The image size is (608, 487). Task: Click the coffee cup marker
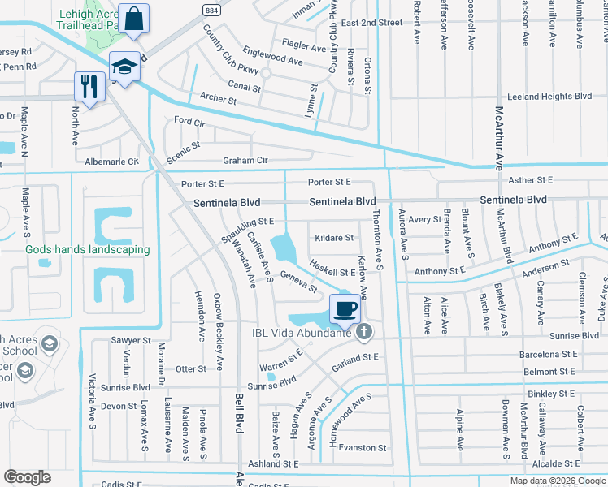[345, 308]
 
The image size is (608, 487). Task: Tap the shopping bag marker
[132, 17]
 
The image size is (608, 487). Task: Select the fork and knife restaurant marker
[89, 86]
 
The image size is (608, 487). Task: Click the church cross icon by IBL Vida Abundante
[364, 331]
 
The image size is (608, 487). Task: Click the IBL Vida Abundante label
[313, 331]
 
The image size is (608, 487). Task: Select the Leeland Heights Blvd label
[549, 97]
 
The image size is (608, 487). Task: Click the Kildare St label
[334, 238]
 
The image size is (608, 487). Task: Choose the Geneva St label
[298, 282]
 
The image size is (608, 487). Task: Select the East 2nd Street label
[371, 23]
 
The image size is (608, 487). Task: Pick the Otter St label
[191, 368]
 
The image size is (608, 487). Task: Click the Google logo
[28, 477]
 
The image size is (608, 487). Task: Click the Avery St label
[424, 220]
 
